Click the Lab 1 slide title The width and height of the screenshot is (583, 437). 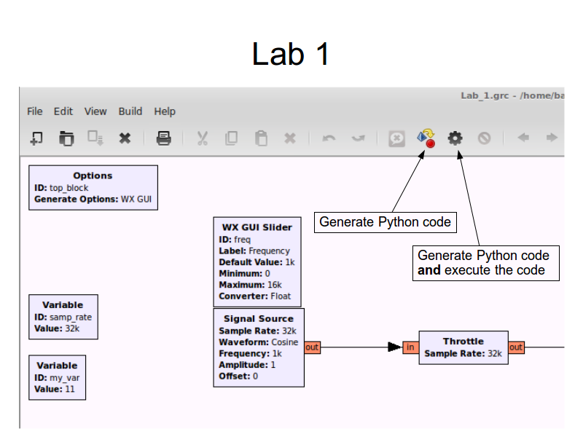(x=290, y=54)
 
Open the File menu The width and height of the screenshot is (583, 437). (x=34, y=111)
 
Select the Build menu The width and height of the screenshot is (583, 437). (x=130, y=111)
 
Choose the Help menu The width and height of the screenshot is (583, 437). (x=165, y=112)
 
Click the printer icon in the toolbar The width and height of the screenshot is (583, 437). (x=163, y=138)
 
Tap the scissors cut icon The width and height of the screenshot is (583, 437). (x=203, y=138)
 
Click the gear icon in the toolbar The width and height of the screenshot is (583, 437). (x=455, y=138)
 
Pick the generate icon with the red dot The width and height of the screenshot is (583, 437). (x=426, y=138)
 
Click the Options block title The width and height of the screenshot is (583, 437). (x=93, y=176)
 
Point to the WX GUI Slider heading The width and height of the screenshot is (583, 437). (x=257, y=227)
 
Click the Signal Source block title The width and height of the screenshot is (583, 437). (x=259, y=319)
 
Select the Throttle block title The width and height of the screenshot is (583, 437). (x=463, y=341)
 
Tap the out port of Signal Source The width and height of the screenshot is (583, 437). (x=312, y=347)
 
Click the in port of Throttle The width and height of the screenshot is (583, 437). (x=410, y=347)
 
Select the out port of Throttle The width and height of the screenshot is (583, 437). (x=516, y=347)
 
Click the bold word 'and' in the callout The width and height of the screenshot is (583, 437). (x=429, y=270)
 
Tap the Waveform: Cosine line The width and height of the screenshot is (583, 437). (x=259, y=342)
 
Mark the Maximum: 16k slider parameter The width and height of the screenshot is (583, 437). (x=250, y=285)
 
